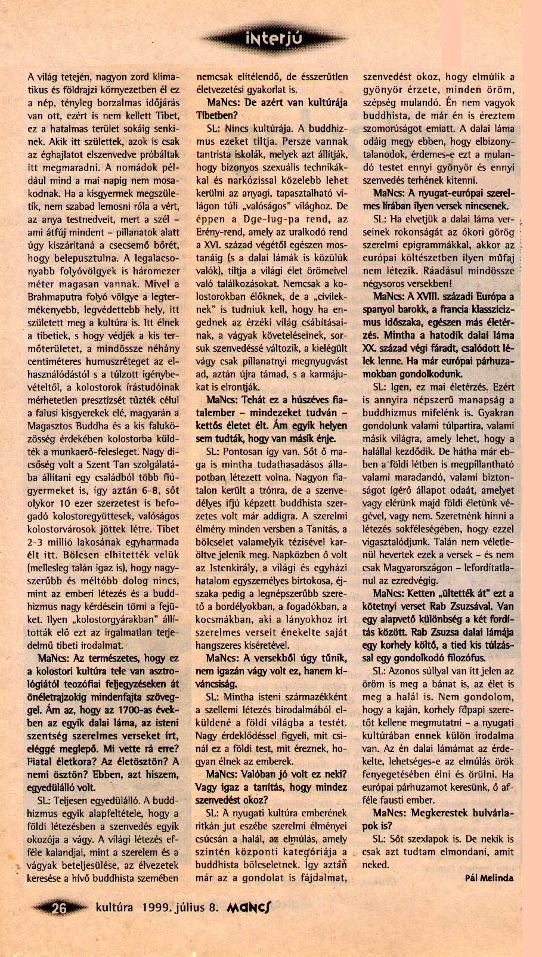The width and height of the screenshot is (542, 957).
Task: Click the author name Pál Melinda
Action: click(488, 877)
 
